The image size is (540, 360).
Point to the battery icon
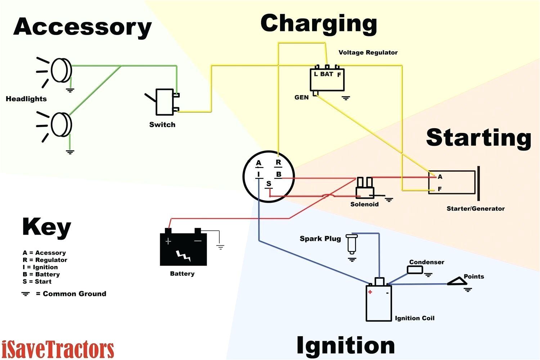tap(183, 248)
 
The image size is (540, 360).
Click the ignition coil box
tap(379, 302)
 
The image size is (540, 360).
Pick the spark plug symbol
tap(352, 244)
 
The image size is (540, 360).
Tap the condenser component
tap(415, 270)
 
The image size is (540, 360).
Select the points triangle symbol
tap(458, 282)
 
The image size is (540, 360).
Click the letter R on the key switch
tap(278, 162)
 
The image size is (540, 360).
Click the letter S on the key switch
tap(269, 184)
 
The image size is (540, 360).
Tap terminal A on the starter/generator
tap(440, 177)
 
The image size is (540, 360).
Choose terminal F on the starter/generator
tap(440, 189)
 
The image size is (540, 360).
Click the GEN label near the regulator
tap(301, 98)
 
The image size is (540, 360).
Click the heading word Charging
tap(319, 24)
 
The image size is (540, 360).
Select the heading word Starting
tap(478, 138)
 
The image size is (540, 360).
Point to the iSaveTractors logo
tap(58, 349)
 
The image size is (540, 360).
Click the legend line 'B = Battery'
tap(41, 274)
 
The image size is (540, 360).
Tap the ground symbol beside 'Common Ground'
tap(25, 294)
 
